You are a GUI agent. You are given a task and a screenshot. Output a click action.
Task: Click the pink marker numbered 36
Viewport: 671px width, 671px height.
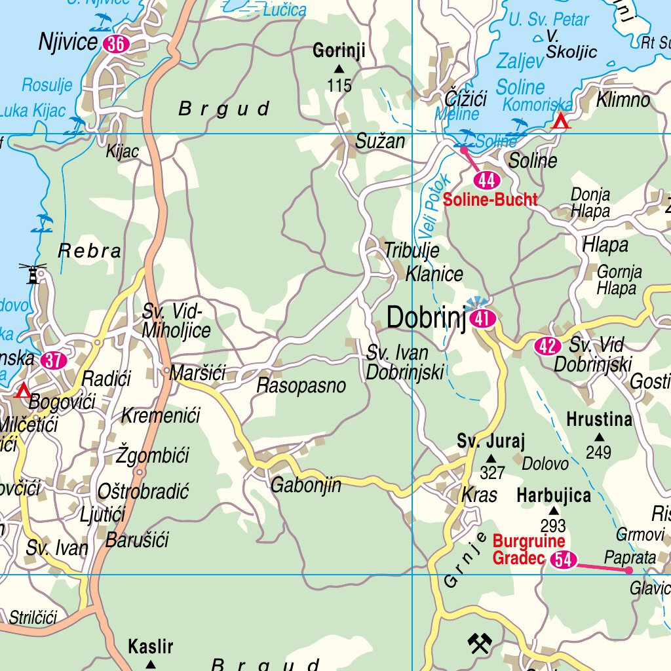coord(116,44)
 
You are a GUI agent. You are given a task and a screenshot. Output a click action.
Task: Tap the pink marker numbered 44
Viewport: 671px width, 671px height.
coord(487,180)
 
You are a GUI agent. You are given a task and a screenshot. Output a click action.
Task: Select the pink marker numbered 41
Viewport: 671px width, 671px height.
coord(484,319)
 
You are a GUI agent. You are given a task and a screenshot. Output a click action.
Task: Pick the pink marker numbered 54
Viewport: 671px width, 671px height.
coord(564,560)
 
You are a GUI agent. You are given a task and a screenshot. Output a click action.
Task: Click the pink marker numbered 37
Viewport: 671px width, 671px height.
coord(53,360)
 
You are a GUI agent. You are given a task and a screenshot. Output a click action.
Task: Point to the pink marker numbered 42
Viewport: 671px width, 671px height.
coord(548,345)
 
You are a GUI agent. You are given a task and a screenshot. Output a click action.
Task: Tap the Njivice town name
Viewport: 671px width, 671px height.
coord(68,43)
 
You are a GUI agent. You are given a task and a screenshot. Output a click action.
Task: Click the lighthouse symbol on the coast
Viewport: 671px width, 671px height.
coord(33,273)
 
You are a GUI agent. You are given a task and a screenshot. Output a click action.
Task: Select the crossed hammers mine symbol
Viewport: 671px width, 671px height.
coord(480,643)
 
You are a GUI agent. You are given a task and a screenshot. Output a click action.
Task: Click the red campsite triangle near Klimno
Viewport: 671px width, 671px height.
coord(561,121)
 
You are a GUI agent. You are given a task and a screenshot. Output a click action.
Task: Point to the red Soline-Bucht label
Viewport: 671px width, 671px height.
coord(490,201)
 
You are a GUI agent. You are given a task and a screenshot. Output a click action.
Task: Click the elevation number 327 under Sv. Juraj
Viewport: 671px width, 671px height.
coord(492,473)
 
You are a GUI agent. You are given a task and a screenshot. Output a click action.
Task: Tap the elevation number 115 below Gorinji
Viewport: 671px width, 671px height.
coord(339,85)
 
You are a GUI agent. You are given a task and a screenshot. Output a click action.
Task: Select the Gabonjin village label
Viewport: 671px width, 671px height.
coord(306,486)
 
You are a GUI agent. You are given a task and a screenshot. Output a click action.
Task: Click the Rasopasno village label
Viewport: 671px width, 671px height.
coord(301,385)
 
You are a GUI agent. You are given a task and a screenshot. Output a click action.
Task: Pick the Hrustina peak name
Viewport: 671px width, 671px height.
coord(599,419)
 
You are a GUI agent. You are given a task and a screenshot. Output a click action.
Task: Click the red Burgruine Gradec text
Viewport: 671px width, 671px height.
coord(528,550)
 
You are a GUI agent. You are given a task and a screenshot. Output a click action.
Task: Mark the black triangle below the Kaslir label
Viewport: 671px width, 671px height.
coord(151,664)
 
